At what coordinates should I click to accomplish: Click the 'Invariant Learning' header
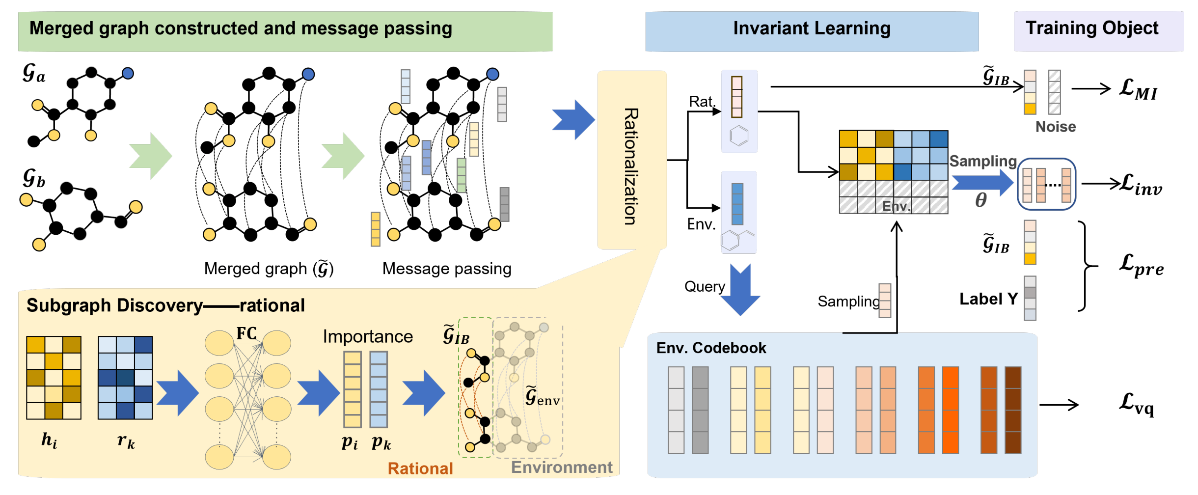[x=811, y=29]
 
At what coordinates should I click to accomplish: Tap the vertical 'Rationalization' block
[x=631, y=160]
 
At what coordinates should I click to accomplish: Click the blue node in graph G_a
[x=128, y=74]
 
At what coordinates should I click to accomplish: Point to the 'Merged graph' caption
[x=269, y=269]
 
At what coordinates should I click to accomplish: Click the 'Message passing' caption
[x=446, y=269]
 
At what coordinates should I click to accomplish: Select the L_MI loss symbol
[x=1138, y=90]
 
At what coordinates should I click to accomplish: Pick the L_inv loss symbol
[x=1141, y=185]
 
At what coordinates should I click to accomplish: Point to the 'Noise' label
[x=1055, y=127]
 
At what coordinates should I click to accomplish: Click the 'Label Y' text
[x=988, y=299]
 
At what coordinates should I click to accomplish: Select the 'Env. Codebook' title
[x=711, y=348]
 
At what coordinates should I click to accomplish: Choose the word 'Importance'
[x=368, y=336]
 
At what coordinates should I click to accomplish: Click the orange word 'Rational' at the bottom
[x=420, y=468]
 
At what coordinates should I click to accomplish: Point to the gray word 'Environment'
[x=562, y=467]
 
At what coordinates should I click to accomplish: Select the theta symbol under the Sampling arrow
[x=980, y=200]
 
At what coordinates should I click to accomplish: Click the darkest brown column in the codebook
[x=1013, y=410]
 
